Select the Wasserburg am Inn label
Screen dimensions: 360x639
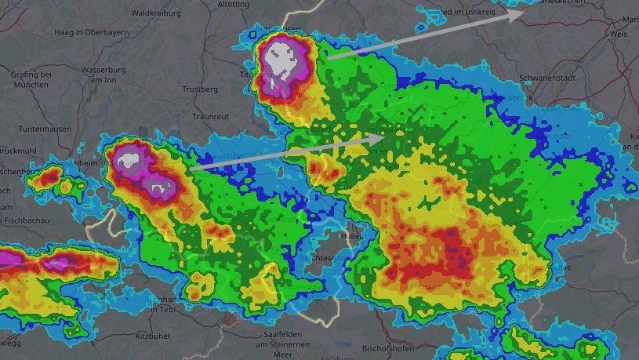coord(103,74)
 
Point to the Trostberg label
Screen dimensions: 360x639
coord(200,89)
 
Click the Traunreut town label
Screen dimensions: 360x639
coord(210,116)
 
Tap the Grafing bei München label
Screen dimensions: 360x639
coord(31,79)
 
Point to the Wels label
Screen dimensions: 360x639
coord(618,35)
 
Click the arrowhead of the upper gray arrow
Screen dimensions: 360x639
coord(518,14)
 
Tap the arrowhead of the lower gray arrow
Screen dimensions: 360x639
coord(376,137)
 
